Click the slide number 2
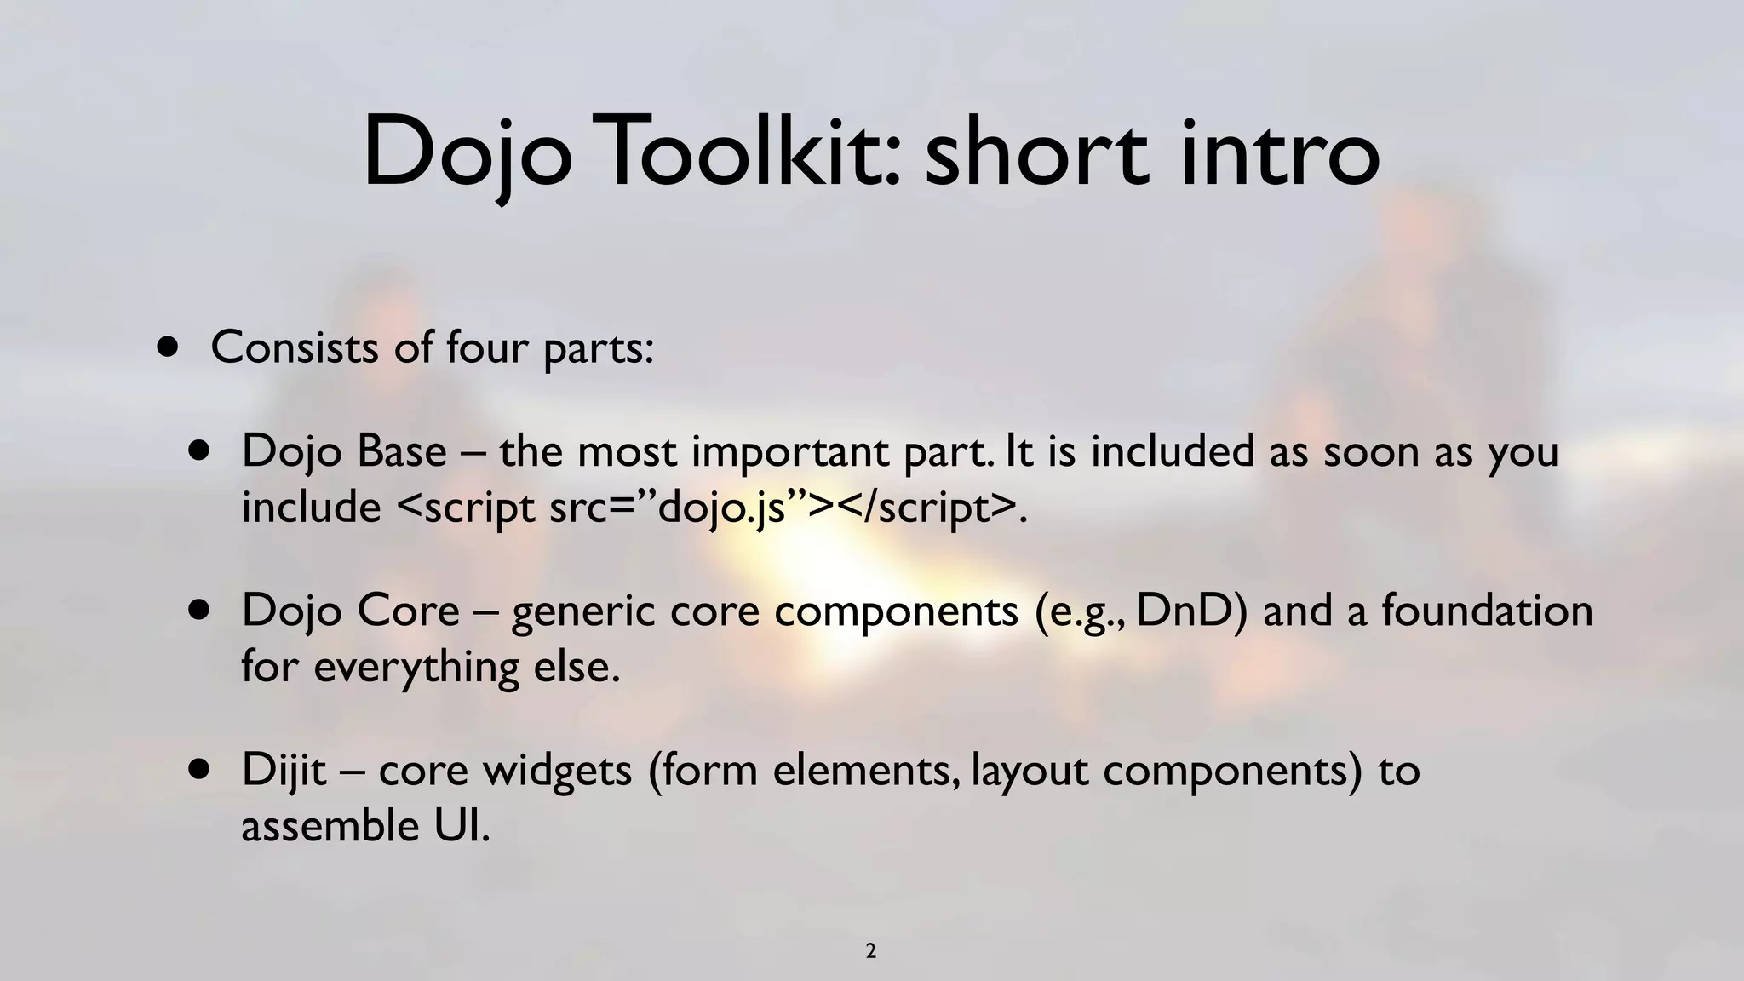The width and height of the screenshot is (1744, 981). (x=870, y=951)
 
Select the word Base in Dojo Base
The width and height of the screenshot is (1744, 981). (x=401, y=451)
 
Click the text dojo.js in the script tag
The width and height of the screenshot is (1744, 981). (x=721, y=508)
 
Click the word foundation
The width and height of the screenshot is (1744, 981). (x=1486, y=611)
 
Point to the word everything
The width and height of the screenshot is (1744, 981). (x=416, y=667)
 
